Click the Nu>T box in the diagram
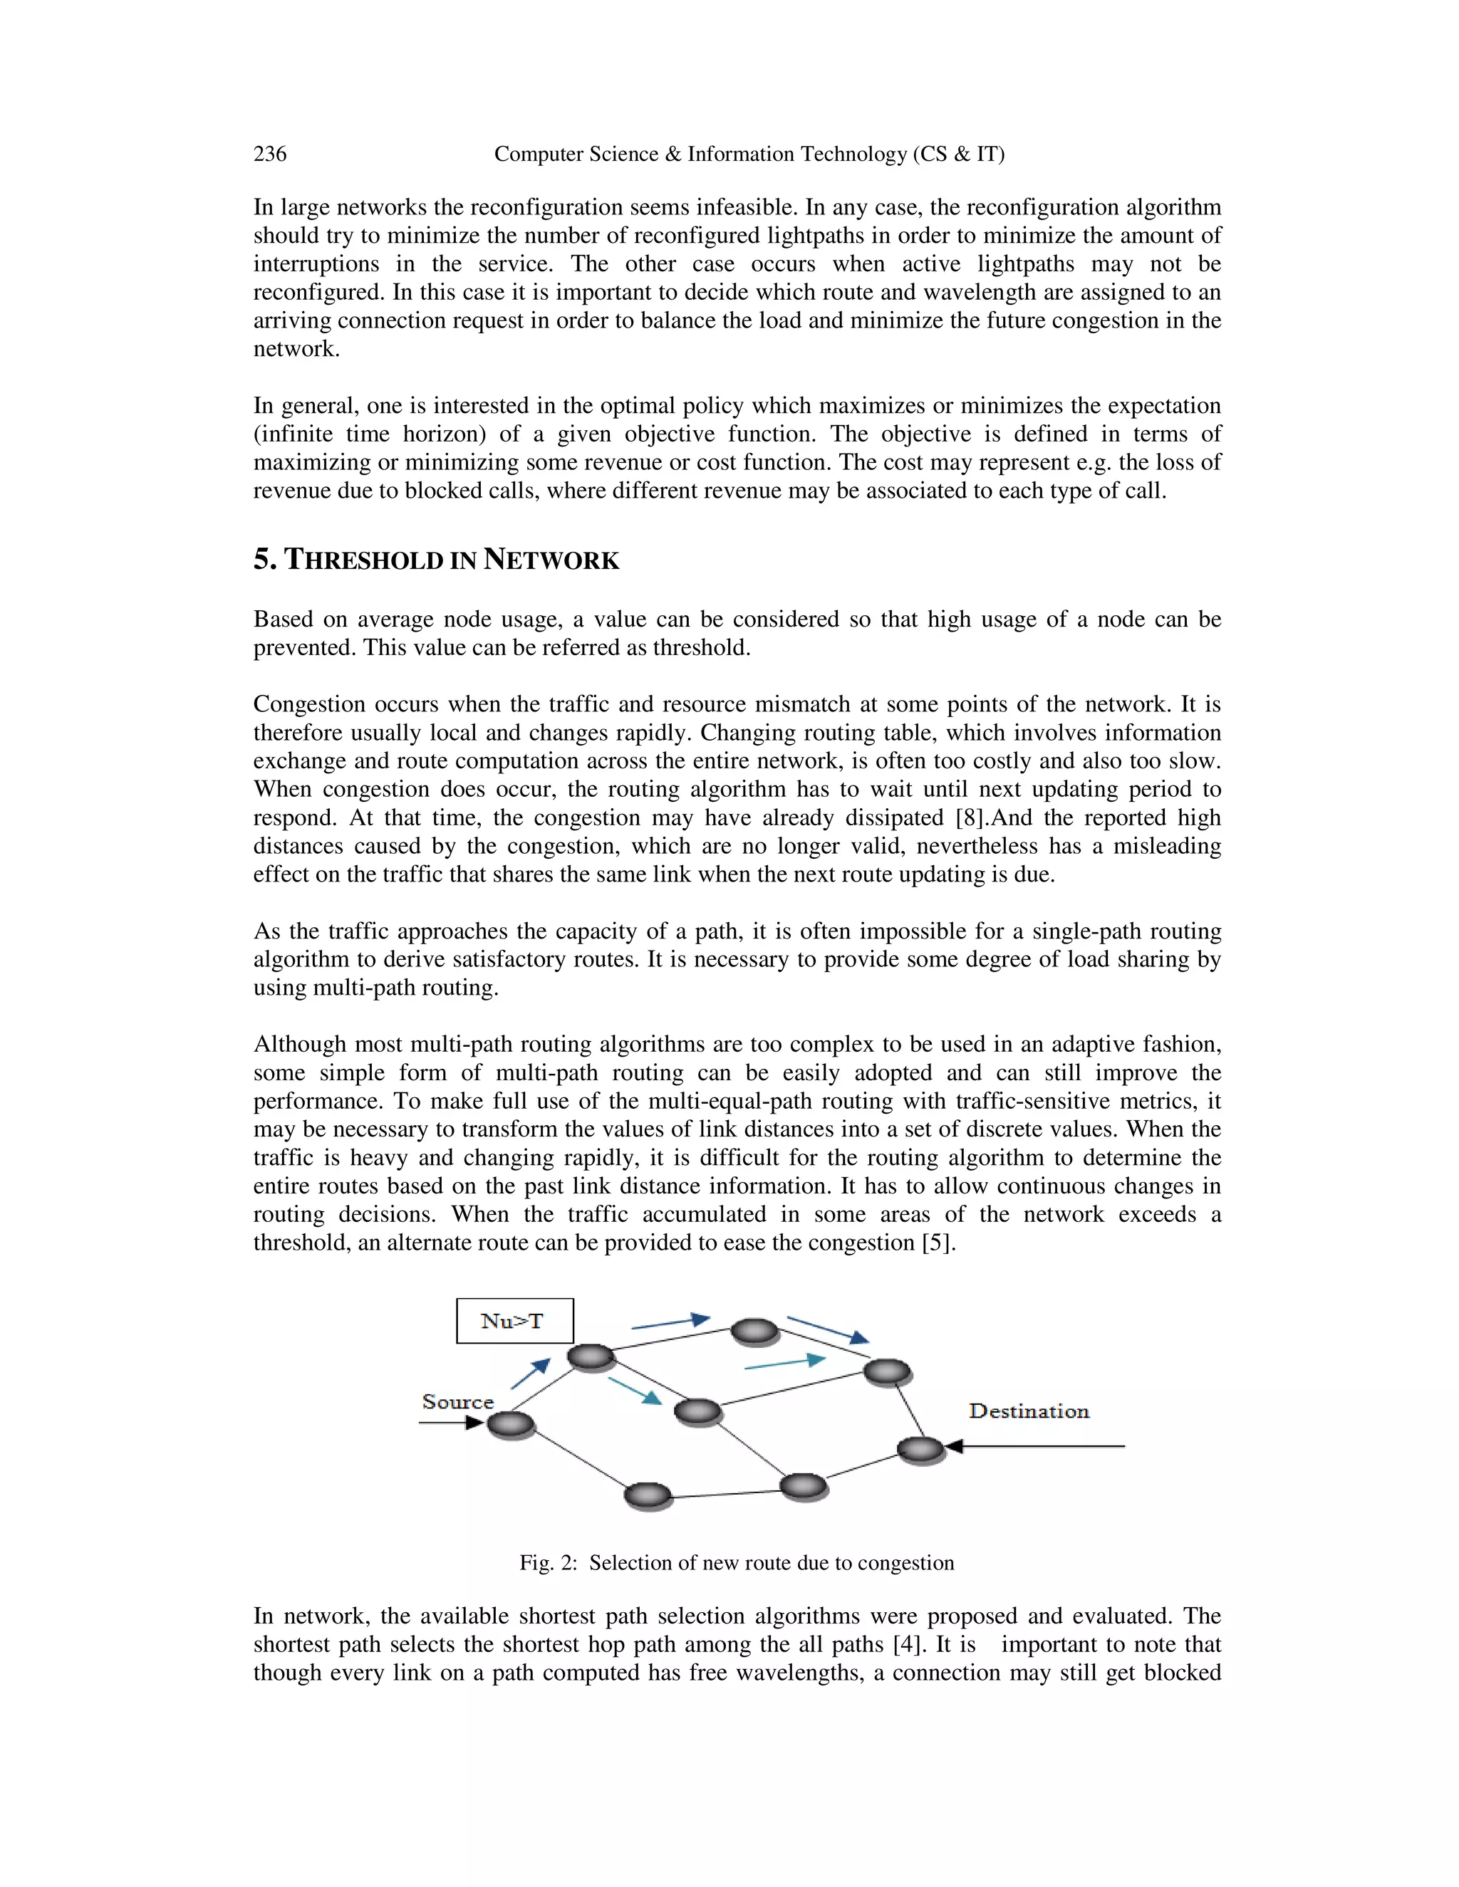coord(514,1321)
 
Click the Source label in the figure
coord(457,1401)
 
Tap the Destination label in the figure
coord(1029,1411)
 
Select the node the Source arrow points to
coord(511,1425)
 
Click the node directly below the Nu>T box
coord(591,1357)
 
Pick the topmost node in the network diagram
coord(754,1332)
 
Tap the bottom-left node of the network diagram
coord(648,1495)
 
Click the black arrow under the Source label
coord(450,1423)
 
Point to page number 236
coord(270,154)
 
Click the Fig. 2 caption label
coord(547,1562)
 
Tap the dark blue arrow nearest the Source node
coord(530,1374)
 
